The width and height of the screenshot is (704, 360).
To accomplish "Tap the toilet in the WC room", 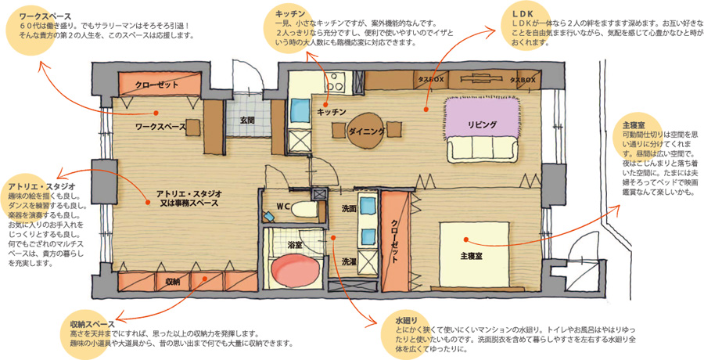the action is click(x=304, y=208).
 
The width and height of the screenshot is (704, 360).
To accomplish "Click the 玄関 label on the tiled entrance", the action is click(x=247, y=120).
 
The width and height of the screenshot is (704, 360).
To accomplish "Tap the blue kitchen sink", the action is click(x=299, y=110).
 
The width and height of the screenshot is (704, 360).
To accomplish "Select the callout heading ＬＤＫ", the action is click(x=523, y=14).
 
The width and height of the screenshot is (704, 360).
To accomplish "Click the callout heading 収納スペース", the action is click(x=92, y=324).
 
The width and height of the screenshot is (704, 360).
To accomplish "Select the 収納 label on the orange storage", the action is click(x=173, y=282).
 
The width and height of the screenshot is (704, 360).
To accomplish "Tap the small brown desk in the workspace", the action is click(x=193, y=128).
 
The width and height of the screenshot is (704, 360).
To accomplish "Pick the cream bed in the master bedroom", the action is click(x=474, y=254).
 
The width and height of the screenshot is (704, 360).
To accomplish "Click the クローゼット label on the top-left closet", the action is click(x=156, y=85).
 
